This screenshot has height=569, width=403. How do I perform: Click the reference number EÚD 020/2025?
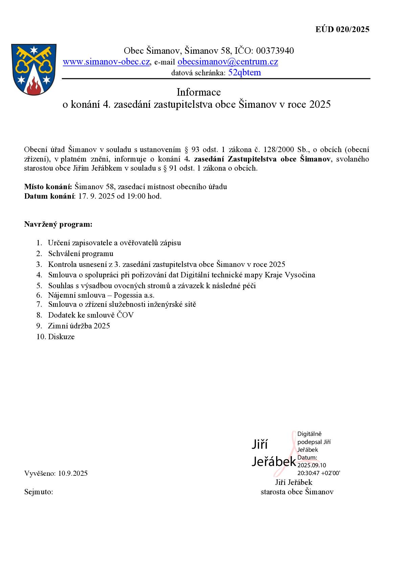tap(342, 29)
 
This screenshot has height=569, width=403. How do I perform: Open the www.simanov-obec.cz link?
tap(106, 62)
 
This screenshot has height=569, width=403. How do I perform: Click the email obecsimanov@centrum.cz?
tap(227, 62)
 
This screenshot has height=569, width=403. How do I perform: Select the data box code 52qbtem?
tap(244, 73)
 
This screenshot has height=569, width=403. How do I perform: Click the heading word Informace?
tap(199, 92)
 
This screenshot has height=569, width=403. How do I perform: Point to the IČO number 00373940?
tap(275, 51)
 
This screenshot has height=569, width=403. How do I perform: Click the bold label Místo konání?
tap(48, 187)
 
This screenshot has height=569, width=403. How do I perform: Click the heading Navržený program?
tap(58, 224)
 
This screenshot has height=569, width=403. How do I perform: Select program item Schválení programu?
tap(81, 253)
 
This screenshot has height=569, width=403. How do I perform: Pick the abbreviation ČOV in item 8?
tap(125, 315)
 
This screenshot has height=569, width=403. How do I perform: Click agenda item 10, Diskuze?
tap(61, 337)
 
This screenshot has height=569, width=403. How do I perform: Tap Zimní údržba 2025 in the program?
tap(79, 326)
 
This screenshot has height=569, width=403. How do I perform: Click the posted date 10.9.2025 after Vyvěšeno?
tap(73, 473)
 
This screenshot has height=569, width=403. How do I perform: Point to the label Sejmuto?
tap(38, 492)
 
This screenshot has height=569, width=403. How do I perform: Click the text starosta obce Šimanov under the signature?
tap(297, 492)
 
